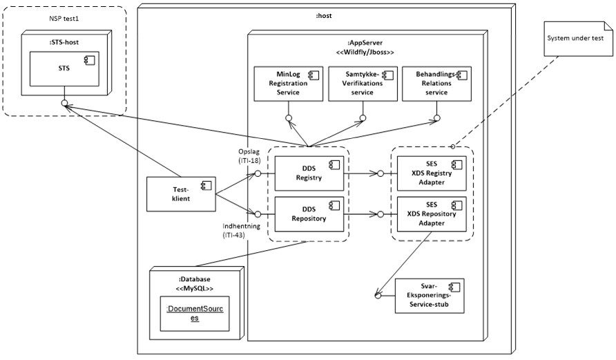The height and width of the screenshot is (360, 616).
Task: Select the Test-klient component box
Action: pos(182,195)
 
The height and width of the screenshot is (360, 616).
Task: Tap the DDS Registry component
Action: pos(309,173)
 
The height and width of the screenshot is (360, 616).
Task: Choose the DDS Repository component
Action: pos(309,214)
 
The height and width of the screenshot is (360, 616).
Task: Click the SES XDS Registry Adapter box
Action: pos(432,174)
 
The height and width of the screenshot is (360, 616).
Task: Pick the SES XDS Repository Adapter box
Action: pos(432,214)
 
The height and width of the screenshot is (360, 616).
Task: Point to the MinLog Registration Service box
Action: pos(288,84)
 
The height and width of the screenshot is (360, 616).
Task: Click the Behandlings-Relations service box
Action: pos(436,84)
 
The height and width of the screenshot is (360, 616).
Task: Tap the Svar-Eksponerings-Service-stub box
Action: pos(429,296)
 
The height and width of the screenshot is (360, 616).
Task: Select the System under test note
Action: pos(575,38)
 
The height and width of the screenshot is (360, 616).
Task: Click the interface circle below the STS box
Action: pos(64,104)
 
